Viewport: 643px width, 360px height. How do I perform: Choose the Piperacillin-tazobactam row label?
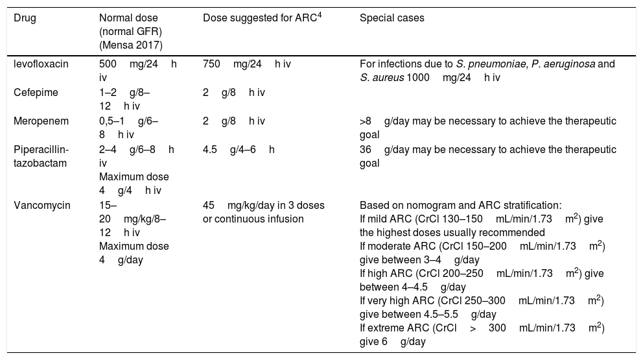point(41,155)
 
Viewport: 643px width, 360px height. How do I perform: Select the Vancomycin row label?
point(38,206)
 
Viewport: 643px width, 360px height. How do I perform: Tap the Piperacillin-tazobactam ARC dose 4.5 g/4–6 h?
point(239,150)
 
